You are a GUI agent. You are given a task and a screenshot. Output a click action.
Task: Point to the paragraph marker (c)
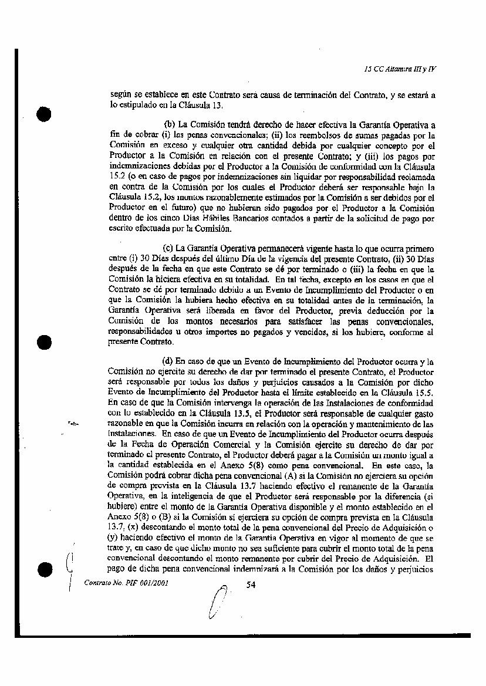[x=168, y=248]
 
